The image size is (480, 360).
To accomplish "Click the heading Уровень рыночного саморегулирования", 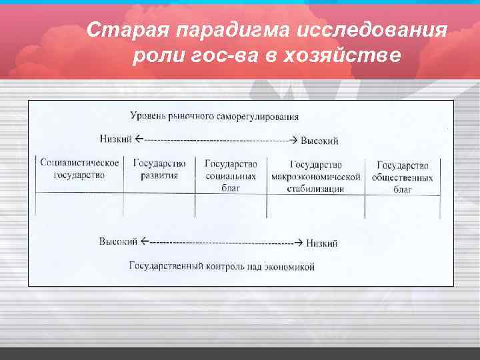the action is coord(214,116).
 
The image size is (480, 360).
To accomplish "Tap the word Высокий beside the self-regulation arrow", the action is coord(320,140).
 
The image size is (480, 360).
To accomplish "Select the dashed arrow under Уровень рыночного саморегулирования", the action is coord(215,140).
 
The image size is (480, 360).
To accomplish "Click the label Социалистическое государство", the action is coord(80,169).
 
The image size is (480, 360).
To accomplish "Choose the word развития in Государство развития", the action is coord(159,176).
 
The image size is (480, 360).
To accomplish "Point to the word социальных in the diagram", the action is coord(231,177).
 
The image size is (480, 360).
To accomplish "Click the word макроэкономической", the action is coord(316,177).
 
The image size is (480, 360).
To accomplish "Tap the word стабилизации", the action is coord(317,189).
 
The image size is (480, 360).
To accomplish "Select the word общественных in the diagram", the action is coord(403,177).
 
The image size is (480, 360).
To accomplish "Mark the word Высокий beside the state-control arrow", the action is coord(119,241).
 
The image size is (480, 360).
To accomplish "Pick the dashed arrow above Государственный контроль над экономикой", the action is coord(223,242).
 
